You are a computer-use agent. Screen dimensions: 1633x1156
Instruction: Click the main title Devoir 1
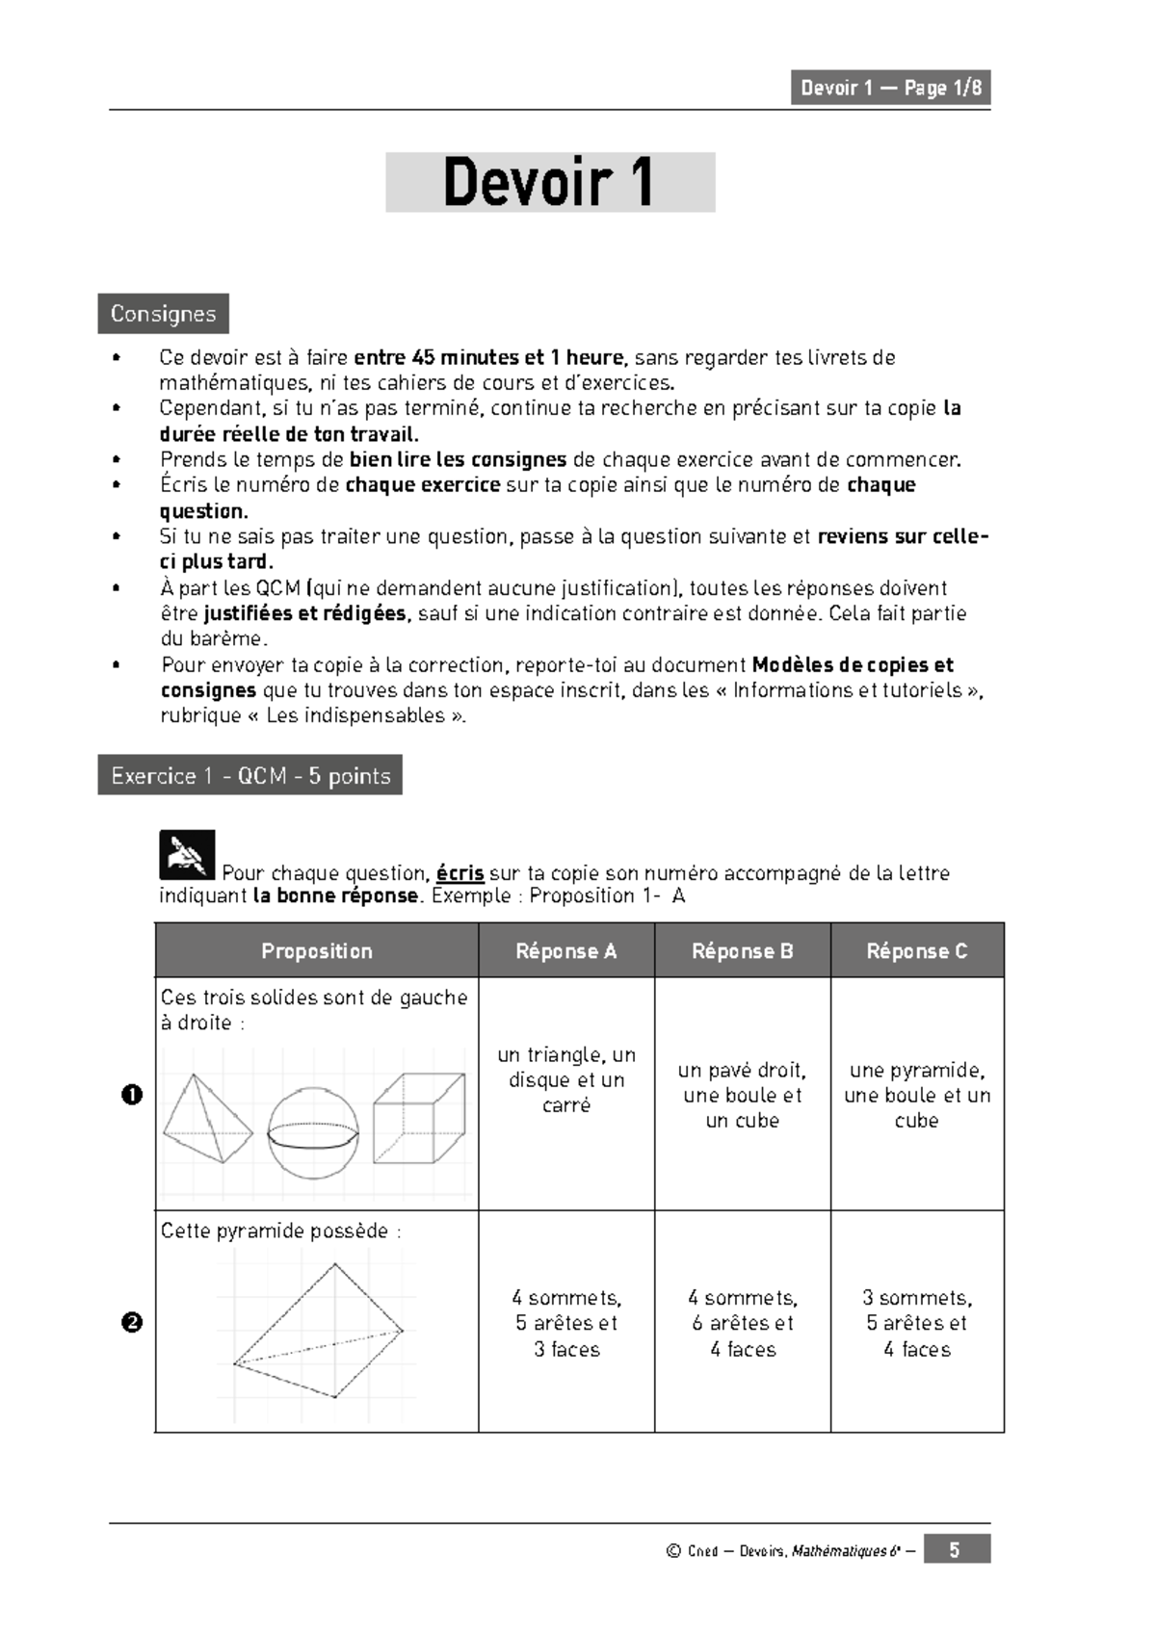click(550, 182)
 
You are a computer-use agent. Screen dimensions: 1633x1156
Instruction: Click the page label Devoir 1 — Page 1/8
click(890, 88)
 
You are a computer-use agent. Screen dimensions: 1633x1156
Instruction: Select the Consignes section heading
click(163, 314)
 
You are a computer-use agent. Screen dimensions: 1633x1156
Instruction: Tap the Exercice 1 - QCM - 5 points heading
click(250, 775)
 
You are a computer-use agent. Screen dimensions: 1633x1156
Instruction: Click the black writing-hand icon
click(187, 854)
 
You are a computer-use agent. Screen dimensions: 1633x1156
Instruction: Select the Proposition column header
click(317, 950)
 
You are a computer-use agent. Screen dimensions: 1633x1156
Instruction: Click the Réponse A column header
click(566, 950)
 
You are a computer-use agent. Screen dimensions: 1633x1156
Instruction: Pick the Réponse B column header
click(742, 950)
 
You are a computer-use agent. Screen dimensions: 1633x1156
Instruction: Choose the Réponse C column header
click(916, 950)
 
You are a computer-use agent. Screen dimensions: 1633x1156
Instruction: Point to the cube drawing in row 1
click(419, 1118)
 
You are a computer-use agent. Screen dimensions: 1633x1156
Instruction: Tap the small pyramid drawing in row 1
click(207, 1120)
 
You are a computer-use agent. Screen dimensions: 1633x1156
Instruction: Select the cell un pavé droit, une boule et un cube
click(742, 1095)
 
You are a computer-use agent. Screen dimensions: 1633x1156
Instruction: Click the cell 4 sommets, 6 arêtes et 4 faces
click(742, 1323)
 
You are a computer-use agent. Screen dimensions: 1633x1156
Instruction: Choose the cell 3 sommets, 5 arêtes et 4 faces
click(916, 1323)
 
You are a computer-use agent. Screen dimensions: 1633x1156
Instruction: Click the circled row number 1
click(133, 1095)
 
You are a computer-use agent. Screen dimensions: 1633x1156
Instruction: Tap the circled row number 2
click(133, 1322)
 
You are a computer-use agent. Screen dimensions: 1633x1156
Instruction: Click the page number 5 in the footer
click(955, 1549)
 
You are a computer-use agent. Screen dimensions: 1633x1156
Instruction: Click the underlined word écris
click(460, 873)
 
